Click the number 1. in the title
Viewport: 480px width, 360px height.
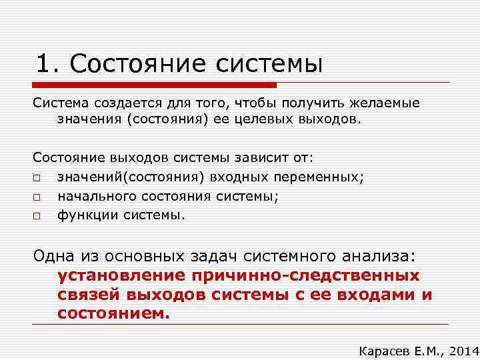[49, 63]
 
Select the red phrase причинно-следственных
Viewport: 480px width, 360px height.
[307, 276]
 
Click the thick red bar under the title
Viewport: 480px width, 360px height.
[153, 85]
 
